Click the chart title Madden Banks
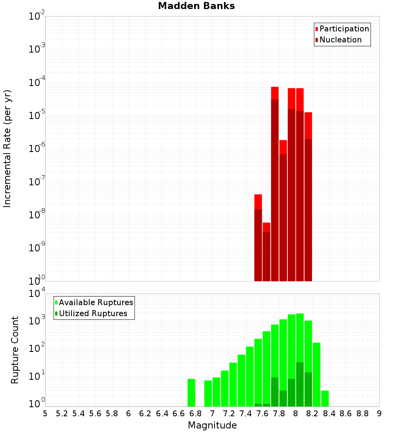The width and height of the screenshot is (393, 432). click(x=196, y=6)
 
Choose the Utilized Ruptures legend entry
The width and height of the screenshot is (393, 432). click(x=93, y=313)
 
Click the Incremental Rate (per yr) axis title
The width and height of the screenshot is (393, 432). click(x=7, y=149)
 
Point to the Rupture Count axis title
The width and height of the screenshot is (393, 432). click(x=15, y=350)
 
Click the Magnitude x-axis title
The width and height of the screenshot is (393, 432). click(x=212, y=425)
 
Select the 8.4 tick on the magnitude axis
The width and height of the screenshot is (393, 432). click(x=329, y=414)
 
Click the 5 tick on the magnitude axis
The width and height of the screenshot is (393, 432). click(x=45, y=414)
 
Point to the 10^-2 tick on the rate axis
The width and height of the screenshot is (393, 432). click(x=37, y=16)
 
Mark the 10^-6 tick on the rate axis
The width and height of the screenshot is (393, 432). click(x=37, y=149)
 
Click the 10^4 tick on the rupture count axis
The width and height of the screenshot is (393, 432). click(x=38, y=294)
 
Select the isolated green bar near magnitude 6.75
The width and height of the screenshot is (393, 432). click(x=191, y=393)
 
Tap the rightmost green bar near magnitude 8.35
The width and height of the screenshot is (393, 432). click(x=325, y=399)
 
